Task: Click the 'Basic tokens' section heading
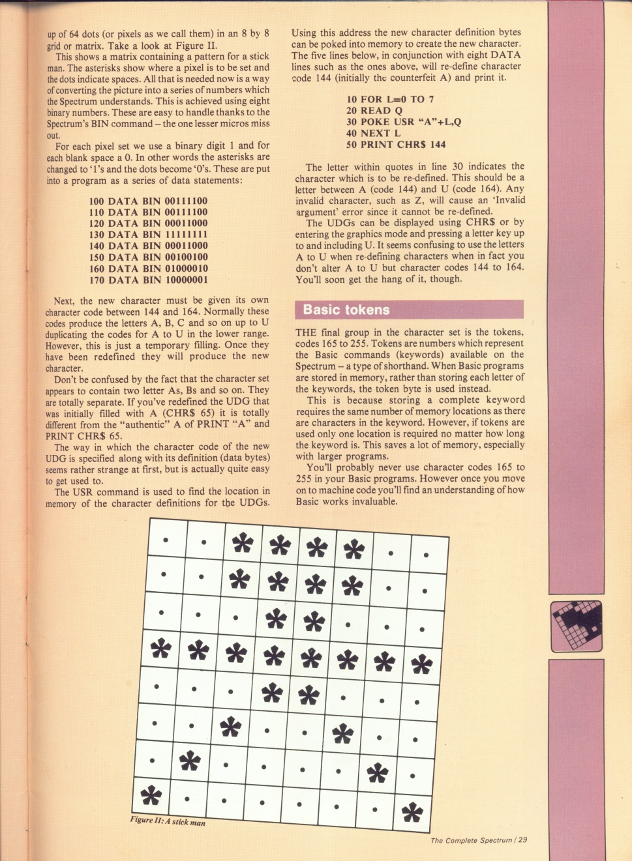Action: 346,310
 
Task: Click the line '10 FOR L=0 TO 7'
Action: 390,100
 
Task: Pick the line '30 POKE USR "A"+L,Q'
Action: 404,122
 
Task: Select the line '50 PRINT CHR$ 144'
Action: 396,145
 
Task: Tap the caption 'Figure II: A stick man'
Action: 168,821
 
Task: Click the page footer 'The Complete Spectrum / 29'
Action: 479,840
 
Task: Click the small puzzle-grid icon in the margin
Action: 576,626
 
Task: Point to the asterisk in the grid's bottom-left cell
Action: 151,795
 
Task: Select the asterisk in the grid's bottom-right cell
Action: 412,812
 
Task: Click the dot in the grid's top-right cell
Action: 426,555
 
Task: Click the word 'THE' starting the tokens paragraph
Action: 306,332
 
